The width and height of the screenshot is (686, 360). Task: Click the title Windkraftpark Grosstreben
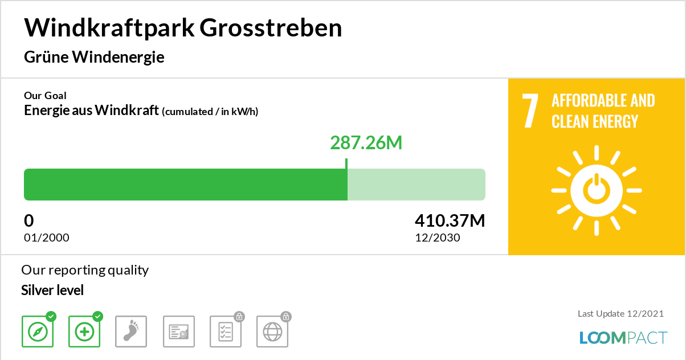183,28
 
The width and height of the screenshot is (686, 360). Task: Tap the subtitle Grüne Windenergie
94,57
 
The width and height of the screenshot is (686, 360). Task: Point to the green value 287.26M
366,142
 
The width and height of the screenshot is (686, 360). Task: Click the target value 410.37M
450,220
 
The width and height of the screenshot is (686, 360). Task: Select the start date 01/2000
47,238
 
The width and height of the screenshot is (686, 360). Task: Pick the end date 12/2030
437,238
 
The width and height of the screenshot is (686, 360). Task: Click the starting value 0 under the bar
29,220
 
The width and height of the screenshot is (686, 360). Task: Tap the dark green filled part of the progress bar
185,185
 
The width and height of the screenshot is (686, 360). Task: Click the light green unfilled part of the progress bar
416,185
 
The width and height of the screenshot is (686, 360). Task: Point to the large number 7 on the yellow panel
530,111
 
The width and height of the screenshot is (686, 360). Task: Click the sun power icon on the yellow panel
596,190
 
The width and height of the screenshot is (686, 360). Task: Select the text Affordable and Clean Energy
603,111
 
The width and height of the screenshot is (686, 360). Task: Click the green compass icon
38,332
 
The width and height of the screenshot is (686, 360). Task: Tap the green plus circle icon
84,332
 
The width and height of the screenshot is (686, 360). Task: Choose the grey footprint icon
131,332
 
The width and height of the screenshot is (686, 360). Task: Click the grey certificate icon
179,332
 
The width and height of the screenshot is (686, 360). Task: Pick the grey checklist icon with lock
226,332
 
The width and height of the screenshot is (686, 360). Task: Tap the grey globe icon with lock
272,332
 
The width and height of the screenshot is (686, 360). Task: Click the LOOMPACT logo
623,337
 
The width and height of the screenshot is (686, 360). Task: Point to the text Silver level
52,291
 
